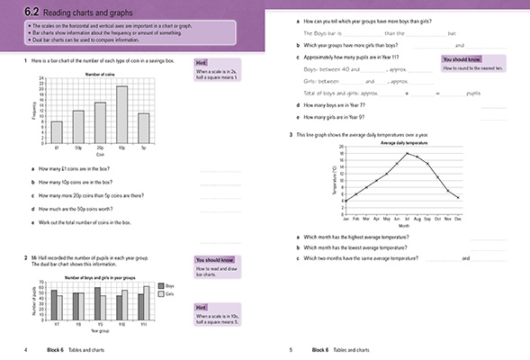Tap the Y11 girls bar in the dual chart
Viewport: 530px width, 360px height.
coord(148,303)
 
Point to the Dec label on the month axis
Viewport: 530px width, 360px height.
coord(459,218)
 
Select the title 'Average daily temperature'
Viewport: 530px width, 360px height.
coord(404,143)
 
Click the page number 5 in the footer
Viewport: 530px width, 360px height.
coord(291,348)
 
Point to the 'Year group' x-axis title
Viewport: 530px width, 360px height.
coord(100,333)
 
